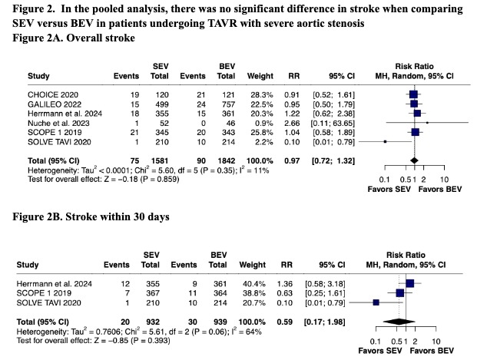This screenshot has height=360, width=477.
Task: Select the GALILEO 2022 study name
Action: (x=51, y=102)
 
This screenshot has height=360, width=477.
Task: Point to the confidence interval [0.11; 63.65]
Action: (x=330, y=122)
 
